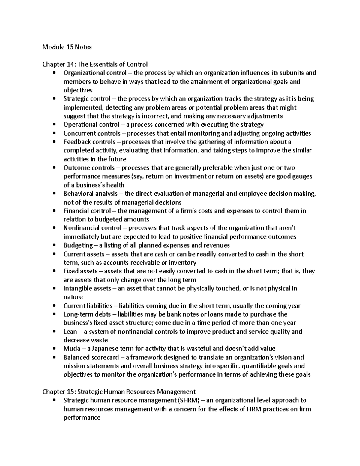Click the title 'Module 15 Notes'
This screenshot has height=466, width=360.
67,47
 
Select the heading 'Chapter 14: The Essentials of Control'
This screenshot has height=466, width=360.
95,64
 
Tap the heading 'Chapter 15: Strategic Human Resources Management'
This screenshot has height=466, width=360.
119,392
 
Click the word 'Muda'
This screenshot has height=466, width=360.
72,349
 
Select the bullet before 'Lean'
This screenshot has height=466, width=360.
54,332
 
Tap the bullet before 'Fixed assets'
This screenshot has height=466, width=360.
54,271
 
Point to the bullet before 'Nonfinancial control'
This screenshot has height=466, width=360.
54,228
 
